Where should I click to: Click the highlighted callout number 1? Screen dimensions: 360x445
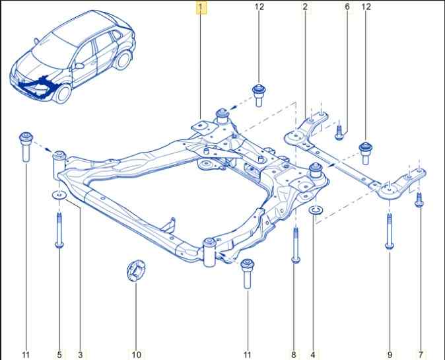[201, 7]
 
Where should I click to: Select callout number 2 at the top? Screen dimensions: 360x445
[305, 7]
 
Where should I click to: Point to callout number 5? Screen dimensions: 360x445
[59, 355]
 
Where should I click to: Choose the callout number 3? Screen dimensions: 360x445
[81, 355]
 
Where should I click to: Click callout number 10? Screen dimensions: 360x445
[136, 355]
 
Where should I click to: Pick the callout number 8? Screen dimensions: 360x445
[294, 355]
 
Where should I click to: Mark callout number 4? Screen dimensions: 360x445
[313, 355]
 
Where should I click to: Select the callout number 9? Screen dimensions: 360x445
[389, 355]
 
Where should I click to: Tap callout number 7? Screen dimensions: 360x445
[420, 355]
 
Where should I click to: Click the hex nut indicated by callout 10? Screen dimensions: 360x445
[135, 271]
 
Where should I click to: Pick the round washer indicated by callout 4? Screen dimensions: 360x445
[316, 210]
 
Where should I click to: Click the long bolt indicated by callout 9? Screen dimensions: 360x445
[389, 231]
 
